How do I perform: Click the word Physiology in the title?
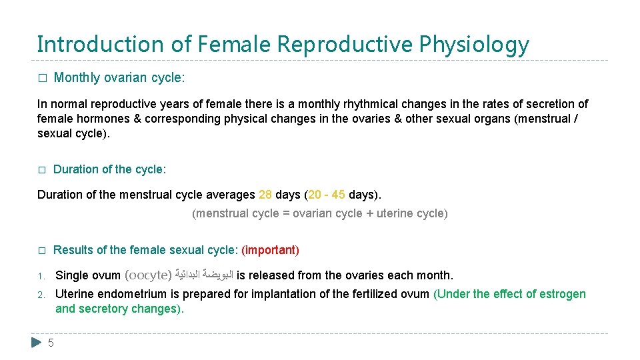click(474, 45)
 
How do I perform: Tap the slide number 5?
click(51, 343)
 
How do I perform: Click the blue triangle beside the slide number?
click(37, 343)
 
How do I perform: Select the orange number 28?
click(265, 195)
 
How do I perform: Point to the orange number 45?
click(338, 195)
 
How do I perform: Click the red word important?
click(270, 250)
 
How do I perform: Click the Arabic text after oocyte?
click(204, 275)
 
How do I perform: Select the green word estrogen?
click(563, 294)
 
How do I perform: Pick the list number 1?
click(41, 276)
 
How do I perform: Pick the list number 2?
click(41, 295)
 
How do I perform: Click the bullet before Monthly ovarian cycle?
click(41, 78)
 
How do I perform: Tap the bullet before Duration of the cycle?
click(41, 170)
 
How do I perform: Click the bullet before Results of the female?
click(41, 251)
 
